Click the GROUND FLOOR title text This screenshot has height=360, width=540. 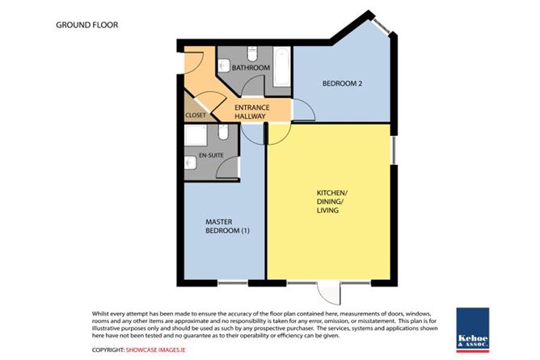coord(86,25)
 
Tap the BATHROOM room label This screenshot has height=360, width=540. coord(250,68)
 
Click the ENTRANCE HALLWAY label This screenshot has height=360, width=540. coord(251,112)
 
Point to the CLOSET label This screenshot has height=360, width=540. coord(196,116)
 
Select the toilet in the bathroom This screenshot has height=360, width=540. coord(250,53)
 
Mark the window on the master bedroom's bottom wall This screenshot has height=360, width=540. coord(235,283)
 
